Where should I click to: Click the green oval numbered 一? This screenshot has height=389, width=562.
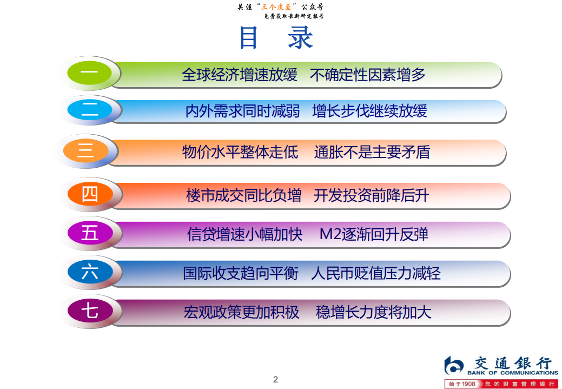pyautogui.click(x=89, y=72)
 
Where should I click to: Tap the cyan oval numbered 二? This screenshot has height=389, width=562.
pyautogui.click(x=90, y=110)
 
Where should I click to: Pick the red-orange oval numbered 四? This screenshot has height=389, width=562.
pyautogui.click(x=90, y=194)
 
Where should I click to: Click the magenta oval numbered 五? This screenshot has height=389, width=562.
pyautogui.click(x=90, y=233)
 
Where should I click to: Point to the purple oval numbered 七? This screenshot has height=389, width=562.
pyautogui.click(x=90, y=312)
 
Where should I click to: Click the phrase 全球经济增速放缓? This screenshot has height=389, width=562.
pyautogui.click(x=240, y=75)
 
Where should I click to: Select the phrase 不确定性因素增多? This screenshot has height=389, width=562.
pyautogui.click(x=367, y=75)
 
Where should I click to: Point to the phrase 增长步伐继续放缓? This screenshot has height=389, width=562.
pyautogui.click(x=369, y=111)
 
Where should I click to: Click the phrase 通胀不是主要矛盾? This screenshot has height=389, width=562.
pyautogui.click(x=372, y=153)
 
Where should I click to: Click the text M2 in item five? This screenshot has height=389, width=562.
pyautogui.click(x=330, y=234)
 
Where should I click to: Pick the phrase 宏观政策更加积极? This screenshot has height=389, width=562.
pyautogui.click(x=241, y=313)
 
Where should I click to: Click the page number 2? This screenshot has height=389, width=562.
pyautogui.click(x=275, y=379)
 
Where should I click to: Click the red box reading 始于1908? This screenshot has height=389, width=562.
pyautogui.click(x=461, y=384)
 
